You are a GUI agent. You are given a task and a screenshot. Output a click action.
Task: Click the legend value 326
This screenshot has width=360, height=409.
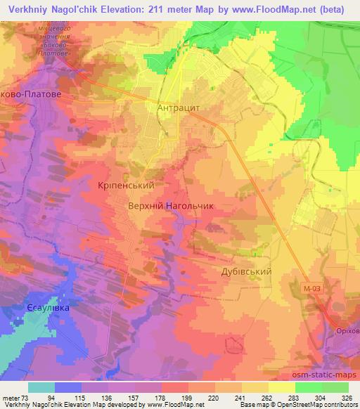pyautogui.click(x=346, y=397)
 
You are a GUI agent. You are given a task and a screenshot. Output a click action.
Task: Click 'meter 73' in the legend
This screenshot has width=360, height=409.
pyautogui.click(x=15, y=397)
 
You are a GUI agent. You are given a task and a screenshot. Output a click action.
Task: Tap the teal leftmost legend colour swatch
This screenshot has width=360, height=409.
pyautogui.click(x=41, y=387)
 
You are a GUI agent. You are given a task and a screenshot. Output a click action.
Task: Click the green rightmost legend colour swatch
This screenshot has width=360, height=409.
pyautogui.click(x=335, y=387)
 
